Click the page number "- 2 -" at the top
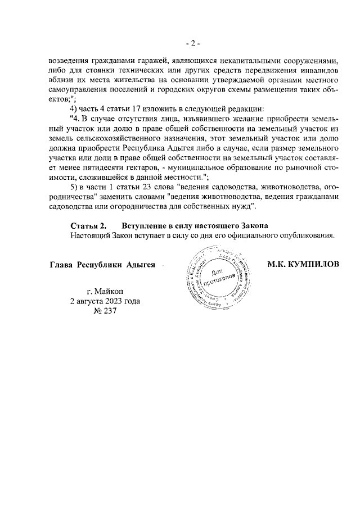click(193, 43)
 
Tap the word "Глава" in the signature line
click(61, 265)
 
